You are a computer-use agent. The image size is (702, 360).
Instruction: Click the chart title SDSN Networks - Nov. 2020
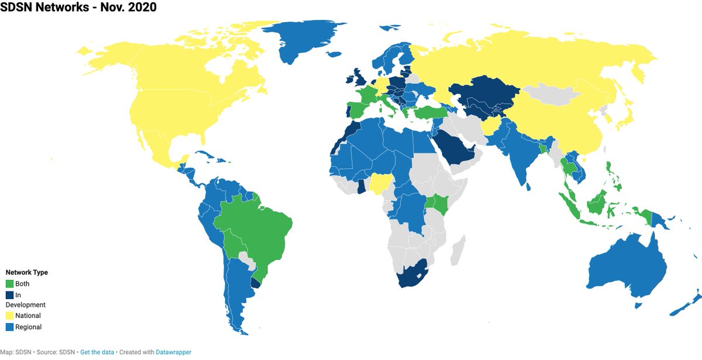click(x=78, y=8)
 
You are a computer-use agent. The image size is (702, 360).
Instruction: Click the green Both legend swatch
click(x=10, y=284)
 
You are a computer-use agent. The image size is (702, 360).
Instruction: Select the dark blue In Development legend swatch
click(x=10, y=295)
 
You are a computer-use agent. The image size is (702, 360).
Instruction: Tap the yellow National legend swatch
click(x=10, y=316)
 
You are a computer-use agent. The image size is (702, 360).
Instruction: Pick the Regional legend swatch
click(x=10, y=327)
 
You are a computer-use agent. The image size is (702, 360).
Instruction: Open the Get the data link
click(x=97, y=352)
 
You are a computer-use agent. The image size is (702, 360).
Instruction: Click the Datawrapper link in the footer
click(x=173, y=352)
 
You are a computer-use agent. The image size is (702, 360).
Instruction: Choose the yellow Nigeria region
click(x=381, y=185)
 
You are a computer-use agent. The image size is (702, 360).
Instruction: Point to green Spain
click(x=356, y=110)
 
